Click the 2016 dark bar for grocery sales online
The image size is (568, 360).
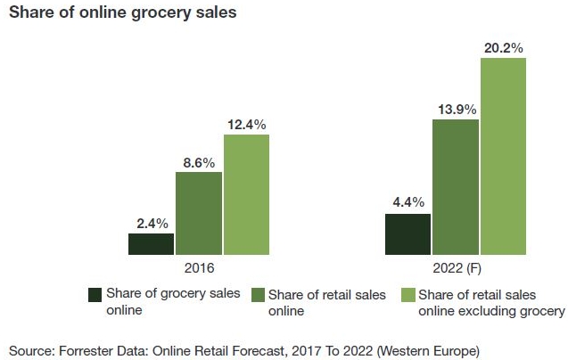coord(151,245)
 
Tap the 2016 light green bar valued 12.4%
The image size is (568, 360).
coord(246,195)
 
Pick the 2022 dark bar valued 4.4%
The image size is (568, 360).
coord(407,234)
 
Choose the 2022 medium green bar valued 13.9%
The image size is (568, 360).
coord(456,186)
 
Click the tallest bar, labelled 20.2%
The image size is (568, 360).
coord(503,157)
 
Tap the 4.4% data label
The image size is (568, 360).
coord(407,202)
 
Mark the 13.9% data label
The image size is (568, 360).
coord(456,108)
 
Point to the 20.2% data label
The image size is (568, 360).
coord(503,47)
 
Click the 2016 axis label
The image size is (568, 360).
coord(198,268)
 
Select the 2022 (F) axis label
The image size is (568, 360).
coord(455,268)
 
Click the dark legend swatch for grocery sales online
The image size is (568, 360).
coord(95,294)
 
